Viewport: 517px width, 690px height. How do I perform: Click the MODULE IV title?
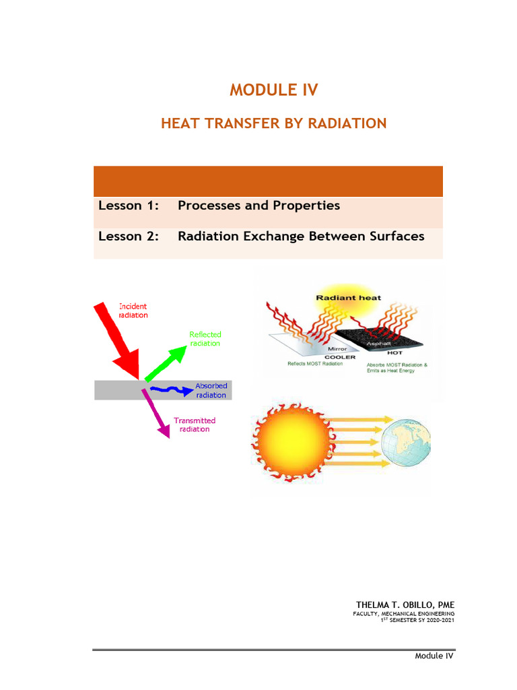pyautogui.click(x=273, y=90)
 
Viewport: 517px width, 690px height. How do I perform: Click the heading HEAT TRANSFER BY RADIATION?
pyautogui.click(x=273, y=123)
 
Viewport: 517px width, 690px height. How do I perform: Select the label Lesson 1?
pyautogui.click(x=129, y=206)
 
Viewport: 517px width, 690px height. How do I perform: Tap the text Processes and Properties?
pyautogui.click(x=258, y=206)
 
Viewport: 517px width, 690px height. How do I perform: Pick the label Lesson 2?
pyautogui.click(x=129, y=236)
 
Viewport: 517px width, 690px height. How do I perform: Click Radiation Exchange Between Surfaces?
pyautogui.click(x=301, y=236)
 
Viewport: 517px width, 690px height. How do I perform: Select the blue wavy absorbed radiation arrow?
pyautogui.click(x=168, y=389)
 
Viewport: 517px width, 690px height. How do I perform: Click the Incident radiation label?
pyautogui.click(x=133, y=311)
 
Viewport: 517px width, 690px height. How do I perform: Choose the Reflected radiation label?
pyautogui.click(x=205, y=338)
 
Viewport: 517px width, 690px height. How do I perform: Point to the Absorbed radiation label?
pyautogui.click(x=211, y=390)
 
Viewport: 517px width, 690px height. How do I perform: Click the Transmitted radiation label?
pyautogui.click(x=195, y=425)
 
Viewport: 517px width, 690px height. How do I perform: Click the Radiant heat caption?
pyautogui.click(x=349, y=297)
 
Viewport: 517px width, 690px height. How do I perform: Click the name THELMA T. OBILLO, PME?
pyautogui.click(x=405, y=605)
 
